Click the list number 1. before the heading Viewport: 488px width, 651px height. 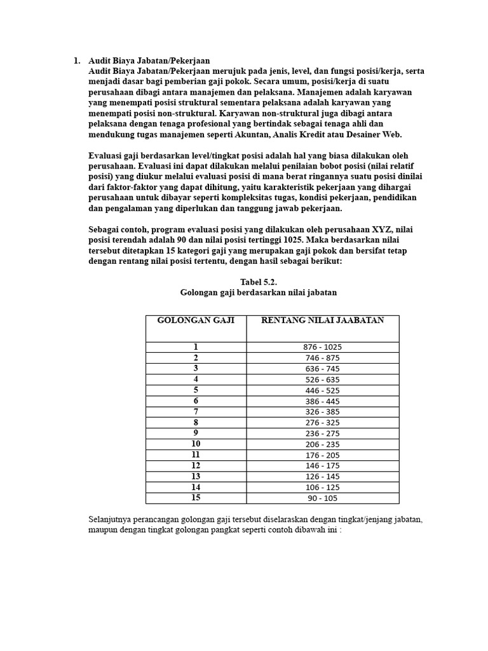click(76, 61)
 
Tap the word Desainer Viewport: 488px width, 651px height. click(364, 135)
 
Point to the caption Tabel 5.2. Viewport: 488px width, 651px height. click(259, 282)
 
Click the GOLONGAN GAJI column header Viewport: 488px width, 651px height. click(196, 320)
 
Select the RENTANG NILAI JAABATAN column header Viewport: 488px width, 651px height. click(323, 320)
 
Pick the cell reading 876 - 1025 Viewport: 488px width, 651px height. click(323, 347)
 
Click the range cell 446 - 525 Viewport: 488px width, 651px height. click(323, 390)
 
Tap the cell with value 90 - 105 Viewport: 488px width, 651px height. click(323, 498)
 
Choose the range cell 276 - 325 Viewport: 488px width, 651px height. click(323, 423)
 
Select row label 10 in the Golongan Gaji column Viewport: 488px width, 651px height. click(196, 444)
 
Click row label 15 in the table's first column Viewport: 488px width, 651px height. click(196, 498)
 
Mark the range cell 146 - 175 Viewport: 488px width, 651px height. click(323, 466)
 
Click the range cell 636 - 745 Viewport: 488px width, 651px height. click(323, 369)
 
